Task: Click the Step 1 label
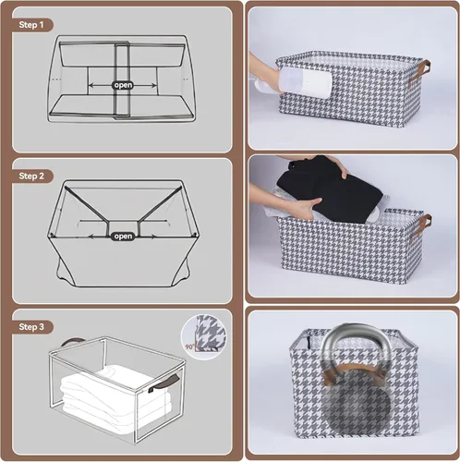31,25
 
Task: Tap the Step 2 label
31,176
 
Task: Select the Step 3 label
31,327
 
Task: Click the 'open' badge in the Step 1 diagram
123,85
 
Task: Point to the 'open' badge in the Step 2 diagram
123,237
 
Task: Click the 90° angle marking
189,346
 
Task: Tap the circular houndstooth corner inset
203,337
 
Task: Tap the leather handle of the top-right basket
418,74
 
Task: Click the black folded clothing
330,189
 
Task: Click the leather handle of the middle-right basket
420,226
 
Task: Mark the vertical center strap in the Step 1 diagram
123,80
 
